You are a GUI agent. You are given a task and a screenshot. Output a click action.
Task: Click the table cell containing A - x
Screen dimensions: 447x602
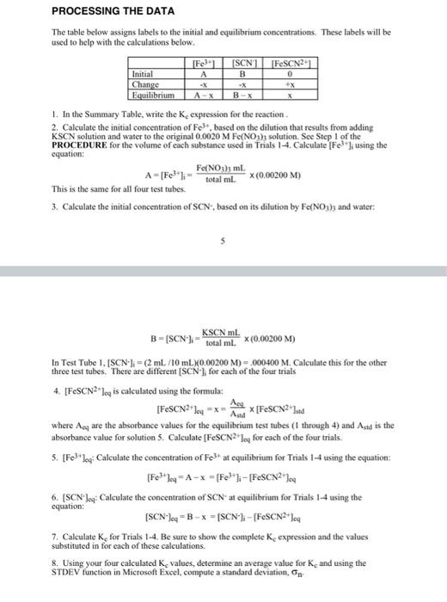coord(204,95)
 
